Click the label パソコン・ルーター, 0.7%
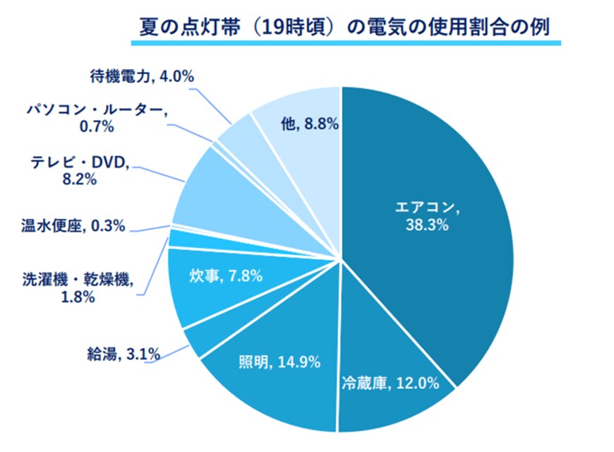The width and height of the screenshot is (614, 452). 97,118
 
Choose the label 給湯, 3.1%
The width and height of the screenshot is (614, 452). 121,351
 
